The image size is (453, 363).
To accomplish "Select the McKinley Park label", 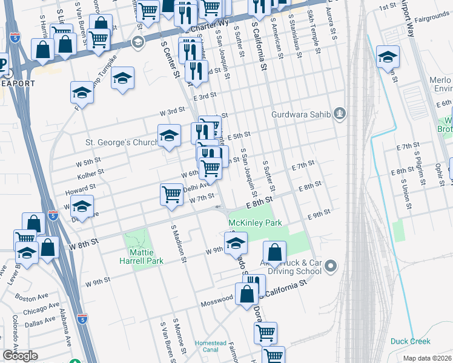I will (x=256, y=223).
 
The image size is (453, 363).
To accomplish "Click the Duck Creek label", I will (x=410, y=341).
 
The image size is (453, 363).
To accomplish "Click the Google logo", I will (x=20, y=355).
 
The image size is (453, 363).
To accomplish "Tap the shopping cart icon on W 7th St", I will (x=171, y=195).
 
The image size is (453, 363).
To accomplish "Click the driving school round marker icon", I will (x=330, y=266).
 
